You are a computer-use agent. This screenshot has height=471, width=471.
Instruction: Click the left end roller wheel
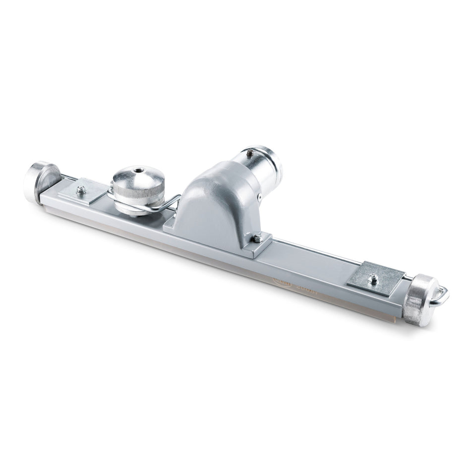40,181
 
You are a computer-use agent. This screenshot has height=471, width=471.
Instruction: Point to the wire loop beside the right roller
441,296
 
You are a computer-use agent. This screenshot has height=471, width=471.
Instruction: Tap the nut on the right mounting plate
373,279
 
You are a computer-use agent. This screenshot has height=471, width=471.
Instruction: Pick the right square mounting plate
377,278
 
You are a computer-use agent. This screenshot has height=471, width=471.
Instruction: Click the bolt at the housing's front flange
257,238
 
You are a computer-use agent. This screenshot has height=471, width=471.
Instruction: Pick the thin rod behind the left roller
69,176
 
